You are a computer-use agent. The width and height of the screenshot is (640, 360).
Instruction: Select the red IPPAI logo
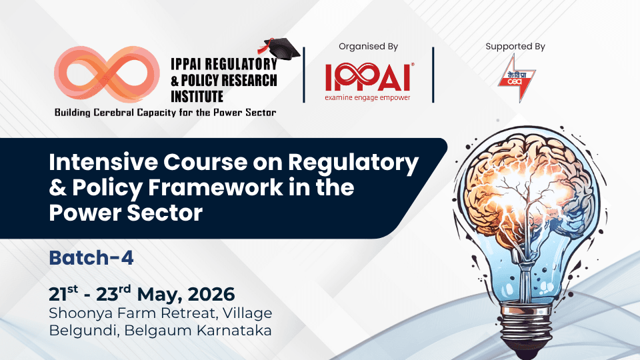[367, 77]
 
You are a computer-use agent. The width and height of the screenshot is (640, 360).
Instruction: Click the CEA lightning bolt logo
[515, 78]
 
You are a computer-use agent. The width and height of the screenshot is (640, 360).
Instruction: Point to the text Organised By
[368, 47]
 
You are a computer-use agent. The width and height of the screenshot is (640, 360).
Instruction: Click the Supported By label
[515, 47]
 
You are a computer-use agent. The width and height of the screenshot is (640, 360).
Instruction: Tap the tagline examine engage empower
[367, 97]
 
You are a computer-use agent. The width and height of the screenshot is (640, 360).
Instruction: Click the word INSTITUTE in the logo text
[197, 97]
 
